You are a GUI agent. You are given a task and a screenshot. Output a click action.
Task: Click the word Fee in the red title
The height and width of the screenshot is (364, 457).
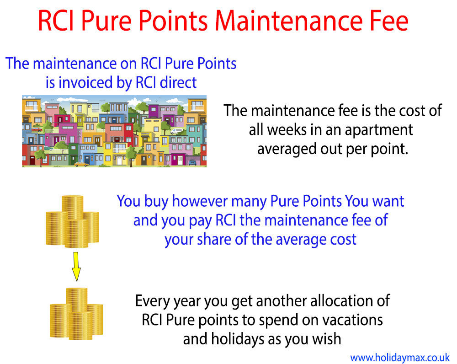coord(389,21)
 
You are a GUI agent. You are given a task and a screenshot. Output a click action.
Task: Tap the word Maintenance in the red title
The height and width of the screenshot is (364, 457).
coord(289,21)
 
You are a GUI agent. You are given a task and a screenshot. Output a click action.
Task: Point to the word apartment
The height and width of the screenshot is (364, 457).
coord(379,130)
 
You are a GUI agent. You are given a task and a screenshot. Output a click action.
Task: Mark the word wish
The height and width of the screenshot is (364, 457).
coord(327,339)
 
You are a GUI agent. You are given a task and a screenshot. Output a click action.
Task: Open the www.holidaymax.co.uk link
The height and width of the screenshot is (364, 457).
coord(400,358)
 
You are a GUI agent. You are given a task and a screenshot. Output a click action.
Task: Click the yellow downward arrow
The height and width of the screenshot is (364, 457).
coord(76,267)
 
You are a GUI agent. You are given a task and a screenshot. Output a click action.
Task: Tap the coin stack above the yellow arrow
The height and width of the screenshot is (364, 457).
coord(72,222)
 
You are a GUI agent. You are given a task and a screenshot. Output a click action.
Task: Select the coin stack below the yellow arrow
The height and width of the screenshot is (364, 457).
coord(76,314)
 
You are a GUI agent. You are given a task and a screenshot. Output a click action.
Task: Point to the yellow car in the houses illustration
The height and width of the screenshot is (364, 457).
coord(81,164)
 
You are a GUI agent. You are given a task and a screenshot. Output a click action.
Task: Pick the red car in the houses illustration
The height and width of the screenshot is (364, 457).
coord(37,129)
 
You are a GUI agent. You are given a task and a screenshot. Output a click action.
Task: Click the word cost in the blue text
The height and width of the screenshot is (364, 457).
coord(343,240)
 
